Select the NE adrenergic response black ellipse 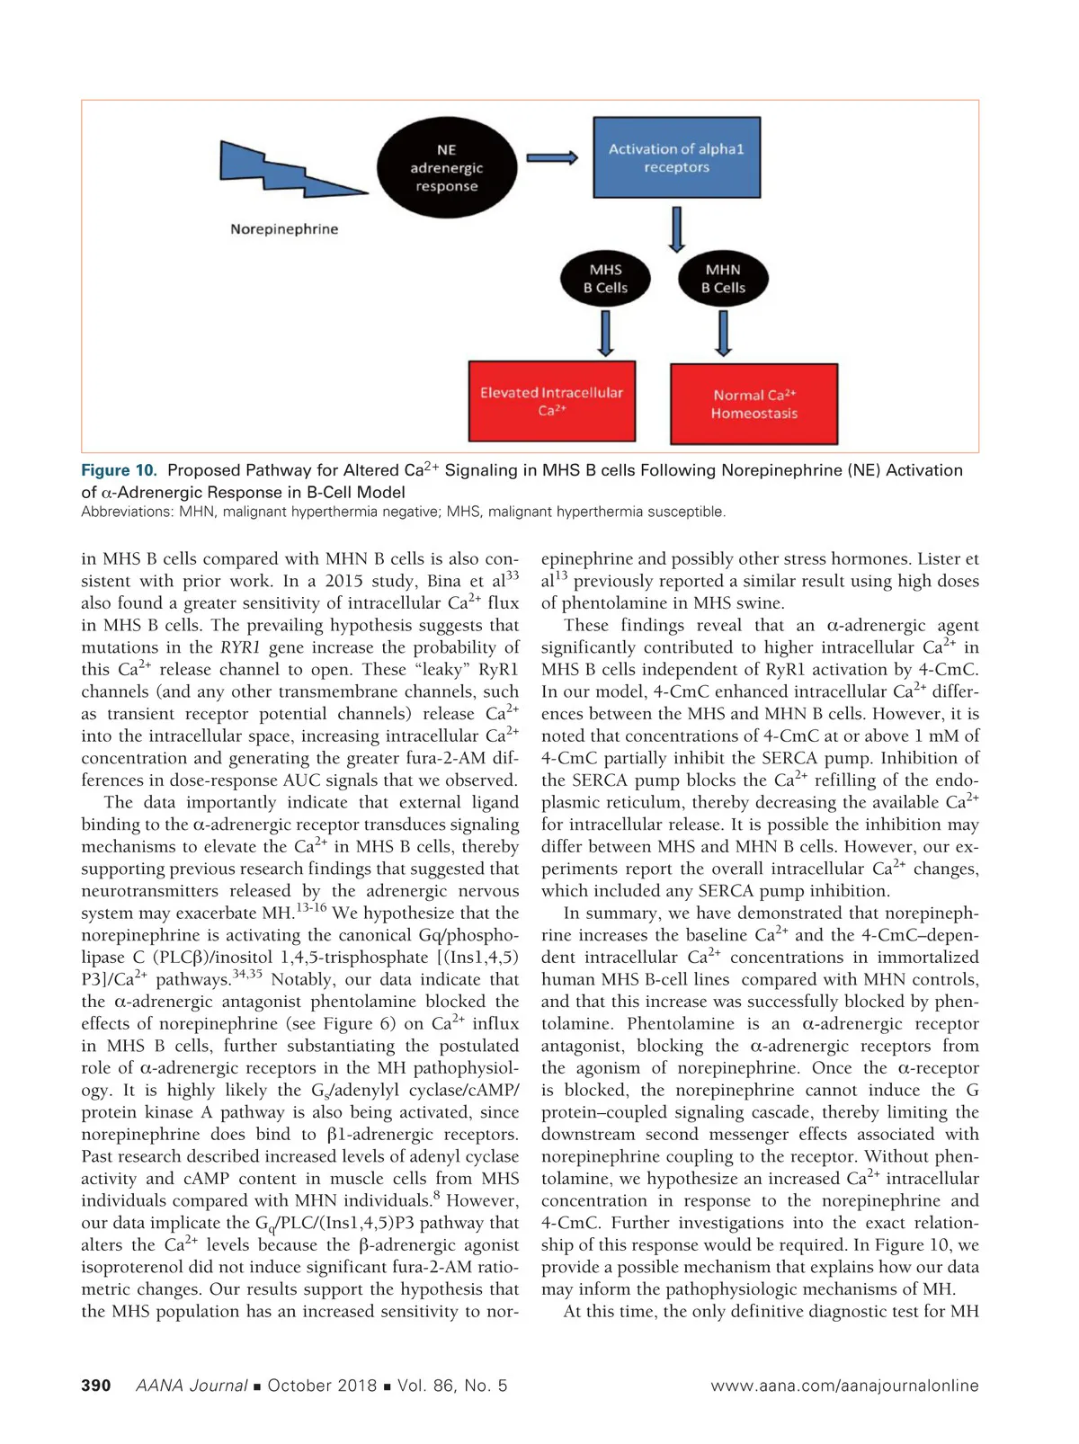pyautogui.click(x=447, y=168)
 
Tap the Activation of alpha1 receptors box pyautogui.click(x=676, y=158)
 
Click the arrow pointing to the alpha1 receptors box pyautogui.click(x=551, y=158)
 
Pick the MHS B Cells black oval pyautogui.click(x=605, y=279)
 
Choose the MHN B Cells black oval pyautogui.click(x=723, y=279)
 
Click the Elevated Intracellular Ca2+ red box pyautogui.click(x=551, y=401)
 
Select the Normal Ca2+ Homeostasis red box pyautogui.click(x=754, y=404)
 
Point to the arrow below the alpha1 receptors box pyautogui.click(x=676, y=229)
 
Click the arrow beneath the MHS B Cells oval pyautogui.click(x=605, y=333)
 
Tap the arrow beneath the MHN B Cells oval pyautogui.click(x=723, y=333)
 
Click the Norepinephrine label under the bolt pyautogui.click(x=284, y=229)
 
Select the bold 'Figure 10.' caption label pyautogui.click(x=119, y=470)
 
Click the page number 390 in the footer pyautogui.click(x=96, y=1386)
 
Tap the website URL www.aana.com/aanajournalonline pyautogui.click(x=844, y=1386)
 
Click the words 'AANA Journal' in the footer pyautogui.click(x=191, y=1386)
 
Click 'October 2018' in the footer pyautogui.click(x=322, y=1386)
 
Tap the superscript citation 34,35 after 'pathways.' pyautogui.click(x=247, y=974)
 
